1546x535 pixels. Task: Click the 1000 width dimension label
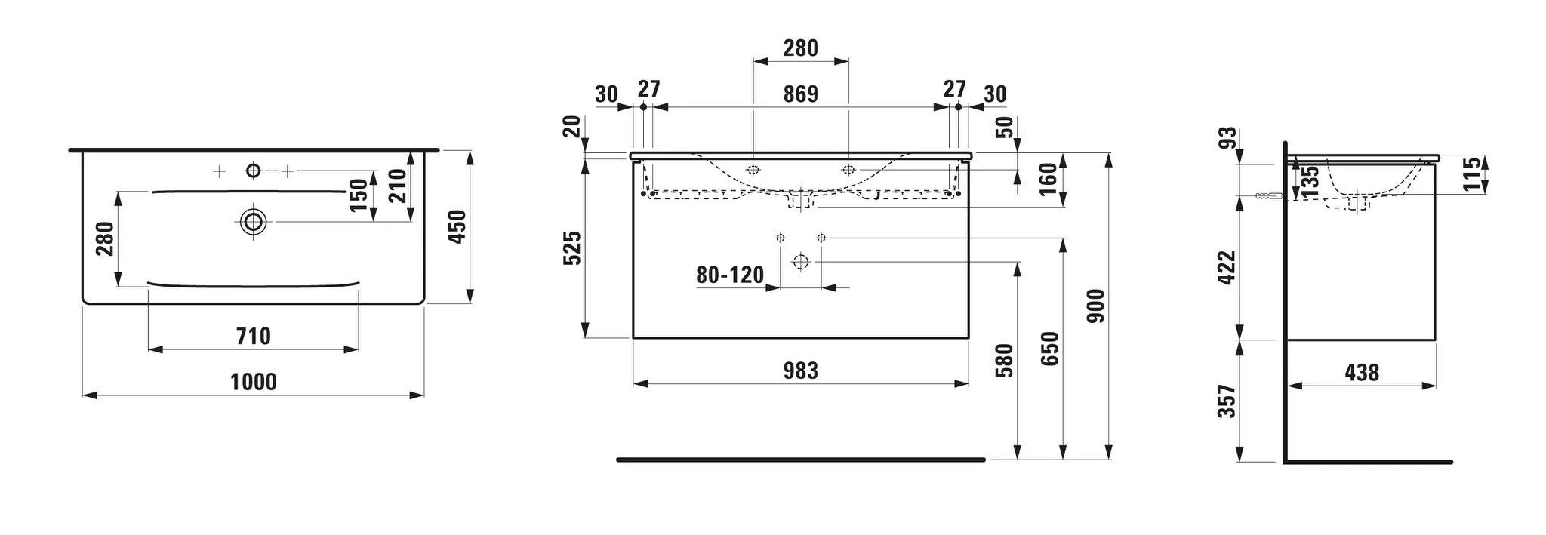click(x=253, y=382)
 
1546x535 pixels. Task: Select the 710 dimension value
click(x=253, y=336)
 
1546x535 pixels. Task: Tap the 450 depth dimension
click(x=457, y=226)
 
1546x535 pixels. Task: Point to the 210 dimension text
click(x=398, y=186)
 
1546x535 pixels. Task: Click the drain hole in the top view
click(x=254, y=222)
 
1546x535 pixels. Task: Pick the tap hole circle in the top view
click(x=253, y=171)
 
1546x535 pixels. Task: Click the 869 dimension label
click(x=800, y=94)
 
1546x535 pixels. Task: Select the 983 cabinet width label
click(x=800, y=371)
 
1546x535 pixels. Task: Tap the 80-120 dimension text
click(x=730, y=275)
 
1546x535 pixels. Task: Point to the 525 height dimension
click(x=573, y=248)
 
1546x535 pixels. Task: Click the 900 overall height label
click(x=1095, y=306)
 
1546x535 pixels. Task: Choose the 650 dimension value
click(x=1050, y=349)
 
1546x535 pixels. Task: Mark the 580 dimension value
click(x=1004, y=361)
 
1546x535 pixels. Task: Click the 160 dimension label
click(x=1049, y=179)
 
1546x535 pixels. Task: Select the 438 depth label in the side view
click(x=1362, y=372)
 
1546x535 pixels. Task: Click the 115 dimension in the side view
click(x=1472, y=174)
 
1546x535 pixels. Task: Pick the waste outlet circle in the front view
click(x=800, y=263)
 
